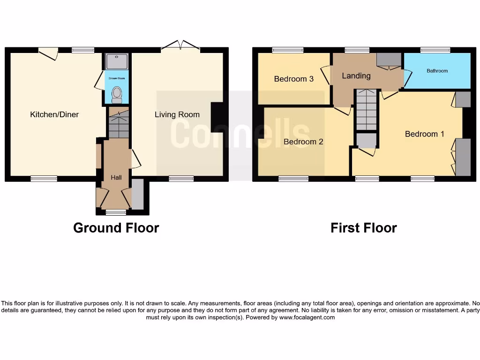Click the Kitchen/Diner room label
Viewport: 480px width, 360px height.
(x=54, y=114)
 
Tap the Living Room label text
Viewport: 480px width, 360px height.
(x=177, y=114)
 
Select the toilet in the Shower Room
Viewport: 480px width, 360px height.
(x=117, y=95)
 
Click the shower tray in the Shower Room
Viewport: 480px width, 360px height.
(x=117, y=61)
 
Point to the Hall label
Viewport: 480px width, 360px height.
(x=116, y=177)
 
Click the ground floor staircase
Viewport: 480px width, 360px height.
(x=119, y=123)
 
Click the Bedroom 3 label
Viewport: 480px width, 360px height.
(x=293, y=79)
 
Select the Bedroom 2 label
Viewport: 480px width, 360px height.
(x=303, y=142)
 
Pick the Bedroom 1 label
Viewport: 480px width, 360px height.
(x=424, y=134)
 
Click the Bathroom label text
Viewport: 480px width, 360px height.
(x=437, y=71)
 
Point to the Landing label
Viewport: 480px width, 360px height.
(x=356, y=75)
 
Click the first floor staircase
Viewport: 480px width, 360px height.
(x=366, y=110)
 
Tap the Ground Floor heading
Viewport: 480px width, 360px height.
(x=116, y=228)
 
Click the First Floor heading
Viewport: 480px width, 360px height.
(x=363, y=228)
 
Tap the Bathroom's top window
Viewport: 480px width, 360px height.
(x=435, y=50)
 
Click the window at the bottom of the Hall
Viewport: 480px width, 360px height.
(x=116, y=212)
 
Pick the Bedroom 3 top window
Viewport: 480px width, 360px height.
(x=287, y=50)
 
